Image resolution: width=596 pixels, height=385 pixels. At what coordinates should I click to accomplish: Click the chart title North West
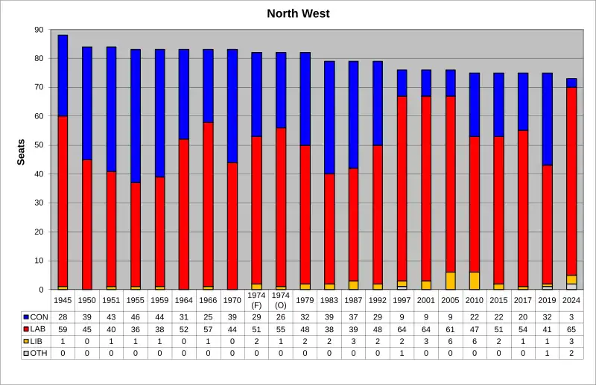[298, 13]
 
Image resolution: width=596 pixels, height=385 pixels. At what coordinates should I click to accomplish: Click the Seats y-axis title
[22, 152]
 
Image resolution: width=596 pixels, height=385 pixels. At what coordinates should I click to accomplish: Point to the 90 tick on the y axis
[39, 30]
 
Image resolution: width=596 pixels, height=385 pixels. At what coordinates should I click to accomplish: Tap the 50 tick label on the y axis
[39, 145]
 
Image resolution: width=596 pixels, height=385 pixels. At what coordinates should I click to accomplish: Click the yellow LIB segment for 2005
[451, 281]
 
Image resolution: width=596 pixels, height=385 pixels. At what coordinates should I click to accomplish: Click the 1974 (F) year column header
[257, 301]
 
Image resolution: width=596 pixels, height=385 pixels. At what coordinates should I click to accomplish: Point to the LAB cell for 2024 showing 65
[571, 329]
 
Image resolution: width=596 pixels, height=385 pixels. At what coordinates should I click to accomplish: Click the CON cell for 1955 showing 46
[136, 317]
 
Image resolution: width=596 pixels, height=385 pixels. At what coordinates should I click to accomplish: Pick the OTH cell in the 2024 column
[571, 353]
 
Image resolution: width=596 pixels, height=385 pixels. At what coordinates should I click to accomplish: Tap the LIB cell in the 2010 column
[475, 341]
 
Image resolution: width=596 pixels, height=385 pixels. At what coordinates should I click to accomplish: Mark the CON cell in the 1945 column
[63, 317]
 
